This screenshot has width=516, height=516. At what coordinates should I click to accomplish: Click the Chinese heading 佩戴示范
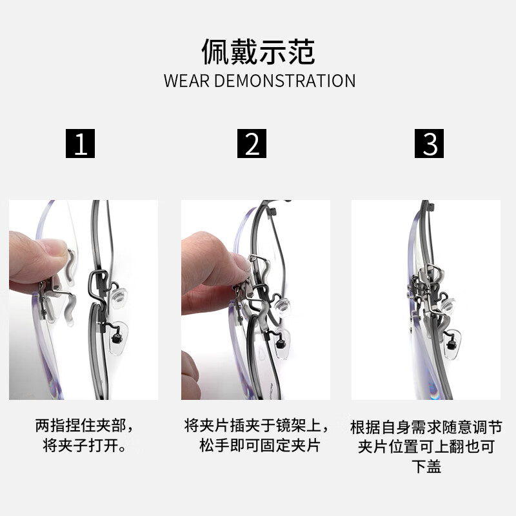(258, 52)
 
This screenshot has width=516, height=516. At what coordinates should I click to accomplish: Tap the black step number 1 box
(81, 143)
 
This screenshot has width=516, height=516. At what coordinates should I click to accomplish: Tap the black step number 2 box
(252, 143)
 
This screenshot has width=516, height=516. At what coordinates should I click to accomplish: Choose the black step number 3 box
(430, 143)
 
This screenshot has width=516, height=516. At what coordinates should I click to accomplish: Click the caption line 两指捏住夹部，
(85, 426)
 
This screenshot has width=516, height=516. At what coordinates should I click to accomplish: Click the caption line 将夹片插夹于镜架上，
(257, 426)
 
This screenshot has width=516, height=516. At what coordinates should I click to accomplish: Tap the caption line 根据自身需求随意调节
(426, 428)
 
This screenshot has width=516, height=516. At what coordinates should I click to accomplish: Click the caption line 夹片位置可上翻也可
(426, 447)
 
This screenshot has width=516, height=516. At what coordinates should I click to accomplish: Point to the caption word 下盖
(426, 467)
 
